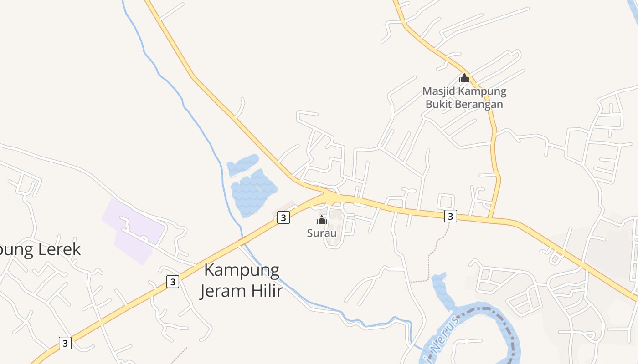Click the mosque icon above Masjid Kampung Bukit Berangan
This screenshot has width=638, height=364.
pos(464,78)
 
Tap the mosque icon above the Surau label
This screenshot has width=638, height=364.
pos(322,220)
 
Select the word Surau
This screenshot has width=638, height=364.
pos(322,233)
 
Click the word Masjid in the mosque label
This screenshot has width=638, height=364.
pos(439,91)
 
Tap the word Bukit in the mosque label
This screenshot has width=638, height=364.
pos(440,104)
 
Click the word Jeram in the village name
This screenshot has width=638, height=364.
pos(220,290)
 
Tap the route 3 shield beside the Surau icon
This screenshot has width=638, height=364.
pos(283,217)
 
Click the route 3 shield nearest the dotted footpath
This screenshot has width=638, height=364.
pos(450,216)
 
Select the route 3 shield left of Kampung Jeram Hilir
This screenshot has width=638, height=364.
pos(172,282)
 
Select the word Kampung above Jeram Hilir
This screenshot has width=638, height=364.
pos(242,270)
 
